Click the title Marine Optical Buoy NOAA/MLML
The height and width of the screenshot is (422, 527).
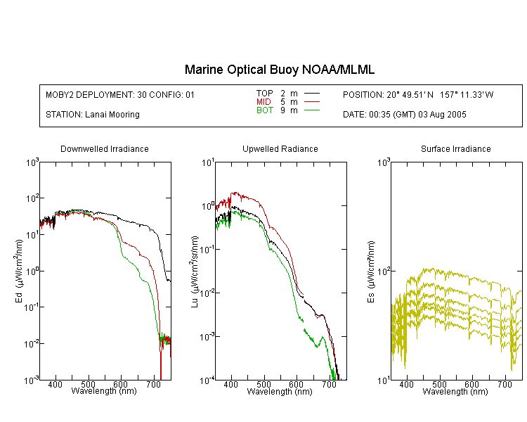(279, 70)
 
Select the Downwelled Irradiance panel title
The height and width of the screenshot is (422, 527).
(105, 148)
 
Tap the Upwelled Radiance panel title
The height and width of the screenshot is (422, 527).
(280, 148)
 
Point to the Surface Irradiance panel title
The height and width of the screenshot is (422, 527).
(456, 148)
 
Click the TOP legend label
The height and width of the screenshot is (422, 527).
(265, 94)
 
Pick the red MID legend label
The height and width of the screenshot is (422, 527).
(263, 101)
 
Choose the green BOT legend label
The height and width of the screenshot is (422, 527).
(265, 110)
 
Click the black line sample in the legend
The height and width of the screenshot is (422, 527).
(312, 94)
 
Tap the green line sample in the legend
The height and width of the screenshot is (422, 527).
(312, 110)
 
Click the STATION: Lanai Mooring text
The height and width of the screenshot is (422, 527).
(93, 115)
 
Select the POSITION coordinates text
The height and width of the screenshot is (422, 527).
(418, 94)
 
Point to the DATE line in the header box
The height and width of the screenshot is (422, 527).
(405, 115)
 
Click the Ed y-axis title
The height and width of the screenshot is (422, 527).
(19, 271)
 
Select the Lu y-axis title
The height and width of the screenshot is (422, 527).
(194, 271)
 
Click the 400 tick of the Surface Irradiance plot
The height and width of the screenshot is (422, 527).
(406, 384)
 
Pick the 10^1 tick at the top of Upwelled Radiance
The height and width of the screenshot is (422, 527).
(208, 163)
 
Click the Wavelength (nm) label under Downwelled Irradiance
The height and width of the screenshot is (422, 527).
(104, 391)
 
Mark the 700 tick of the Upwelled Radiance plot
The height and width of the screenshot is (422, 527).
(329, 384)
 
